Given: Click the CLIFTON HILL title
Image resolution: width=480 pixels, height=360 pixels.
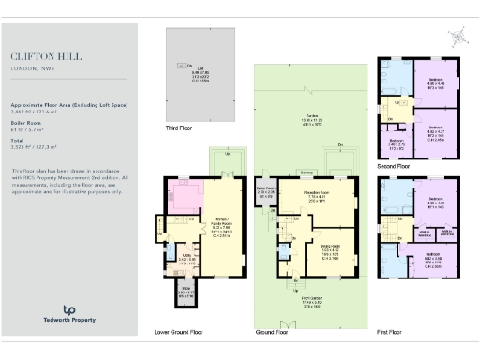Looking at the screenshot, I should pos(41,55).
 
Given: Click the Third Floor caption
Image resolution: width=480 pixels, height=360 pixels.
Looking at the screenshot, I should pos(179,127).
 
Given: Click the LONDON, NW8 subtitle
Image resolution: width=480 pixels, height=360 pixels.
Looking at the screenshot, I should pos(32,67).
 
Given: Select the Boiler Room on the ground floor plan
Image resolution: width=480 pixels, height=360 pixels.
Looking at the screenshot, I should pos(264,193).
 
